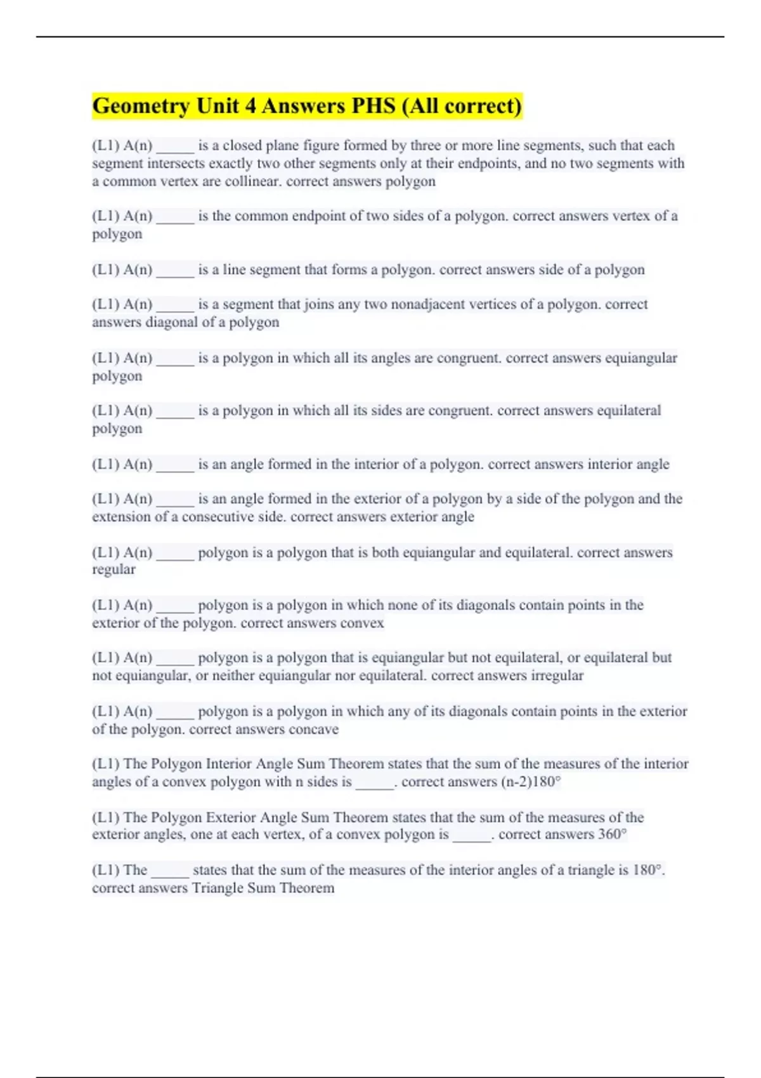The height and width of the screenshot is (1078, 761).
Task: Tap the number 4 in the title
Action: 250,106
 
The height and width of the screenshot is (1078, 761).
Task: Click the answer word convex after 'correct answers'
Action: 362,623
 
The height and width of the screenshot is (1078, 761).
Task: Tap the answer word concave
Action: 313,729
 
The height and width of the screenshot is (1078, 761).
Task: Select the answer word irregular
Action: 557,675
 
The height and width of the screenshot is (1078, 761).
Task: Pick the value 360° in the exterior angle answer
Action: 612,834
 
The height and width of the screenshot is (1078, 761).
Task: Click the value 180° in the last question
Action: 647,870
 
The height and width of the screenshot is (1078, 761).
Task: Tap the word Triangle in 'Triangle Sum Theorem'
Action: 218,888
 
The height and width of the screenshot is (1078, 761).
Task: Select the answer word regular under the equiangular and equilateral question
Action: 114,569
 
